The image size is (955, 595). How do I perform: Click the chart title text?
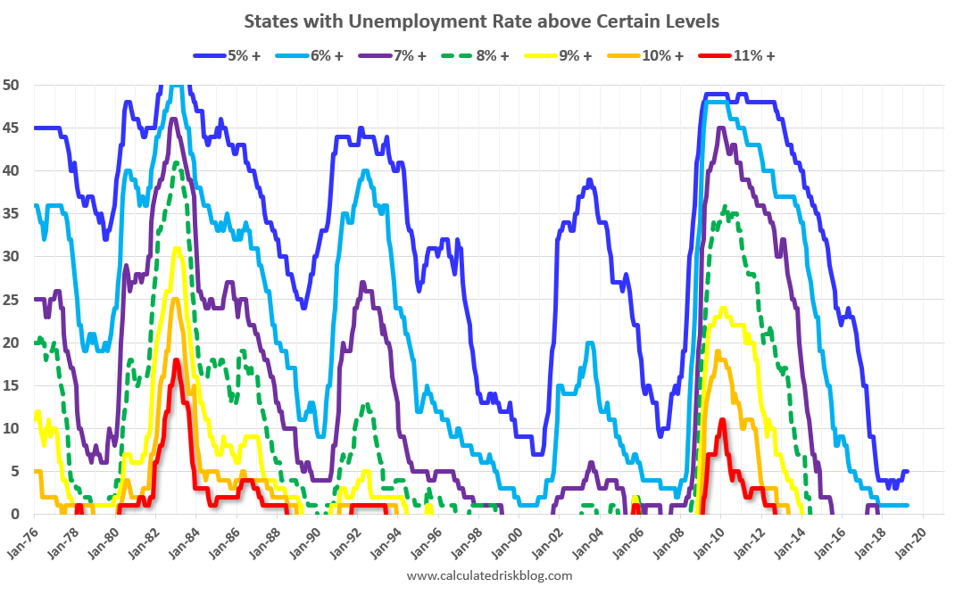point(481,20)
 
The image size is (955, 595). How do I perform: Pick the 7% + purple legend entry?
point(394,55)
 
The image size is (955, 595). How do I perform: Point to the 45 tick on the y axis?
point(17,128)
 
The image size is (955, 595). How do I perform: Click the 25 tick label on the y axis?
point(17,300)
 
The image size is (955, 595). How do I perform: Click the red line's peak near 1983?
point(177,360)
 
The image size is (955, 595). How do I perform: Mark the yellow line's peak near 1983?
point(177,249)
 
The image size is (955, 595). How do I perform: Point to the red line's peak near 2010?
point(721,420)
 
